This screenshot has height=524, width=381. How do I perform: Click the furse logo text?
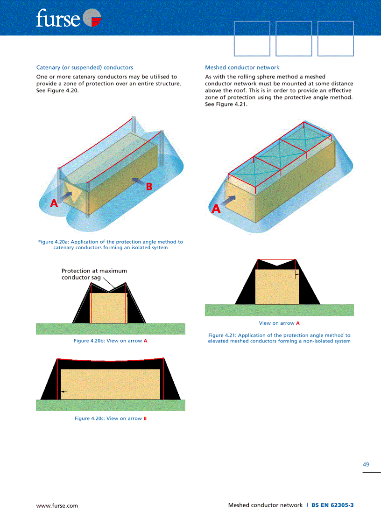(58, 18)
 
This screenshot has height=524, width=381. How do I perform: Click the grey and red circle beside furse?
(92, 17)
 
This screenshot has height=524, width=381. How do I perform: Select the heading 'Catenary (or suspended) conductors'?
(85, 68)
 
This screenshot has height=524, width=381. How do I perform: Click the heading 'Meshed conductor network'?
(242, 68)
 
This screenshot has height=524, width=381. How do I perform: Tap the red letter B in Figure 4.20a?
(149, 187)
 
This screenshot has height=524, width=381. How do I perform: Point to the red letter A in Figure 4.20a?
(54, 203)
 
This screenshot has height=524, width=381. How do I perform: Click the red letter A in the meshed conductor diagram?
(216, 209)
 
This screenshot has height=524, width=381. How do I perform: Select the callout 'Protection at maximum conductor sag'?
(94, 274)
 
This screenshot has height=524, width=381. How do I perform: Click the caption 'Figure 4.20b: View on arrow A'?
(110, 341)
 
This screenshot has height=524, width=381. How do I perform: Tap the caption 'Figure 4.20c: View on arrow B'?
(110, 419)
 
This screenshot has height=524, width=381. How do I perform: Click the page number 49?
(366, 465)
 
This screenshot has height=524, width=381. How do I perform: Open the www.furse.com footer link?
(57, 506)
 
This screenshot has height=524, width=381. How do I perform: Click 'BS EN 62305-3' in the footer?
(332, 505)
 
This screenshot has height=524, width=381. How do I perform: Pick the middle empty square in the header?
(294, 38)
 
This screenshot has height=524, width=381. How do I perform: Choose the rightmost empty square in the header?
(336, 38)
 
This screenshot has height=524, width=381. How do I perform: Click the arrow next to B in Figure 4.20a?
(139, 182)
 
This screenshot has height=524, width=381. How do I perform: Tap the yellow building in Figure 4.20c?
(110, 384)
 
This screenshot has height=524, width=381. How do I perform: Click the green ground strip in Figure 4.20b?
(110, 329)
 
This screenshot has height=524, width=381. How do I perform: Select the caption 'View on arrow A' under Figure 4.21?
(279, 323)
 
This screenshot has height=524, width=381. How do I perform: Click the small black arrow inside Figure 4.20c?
(64, 391)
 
